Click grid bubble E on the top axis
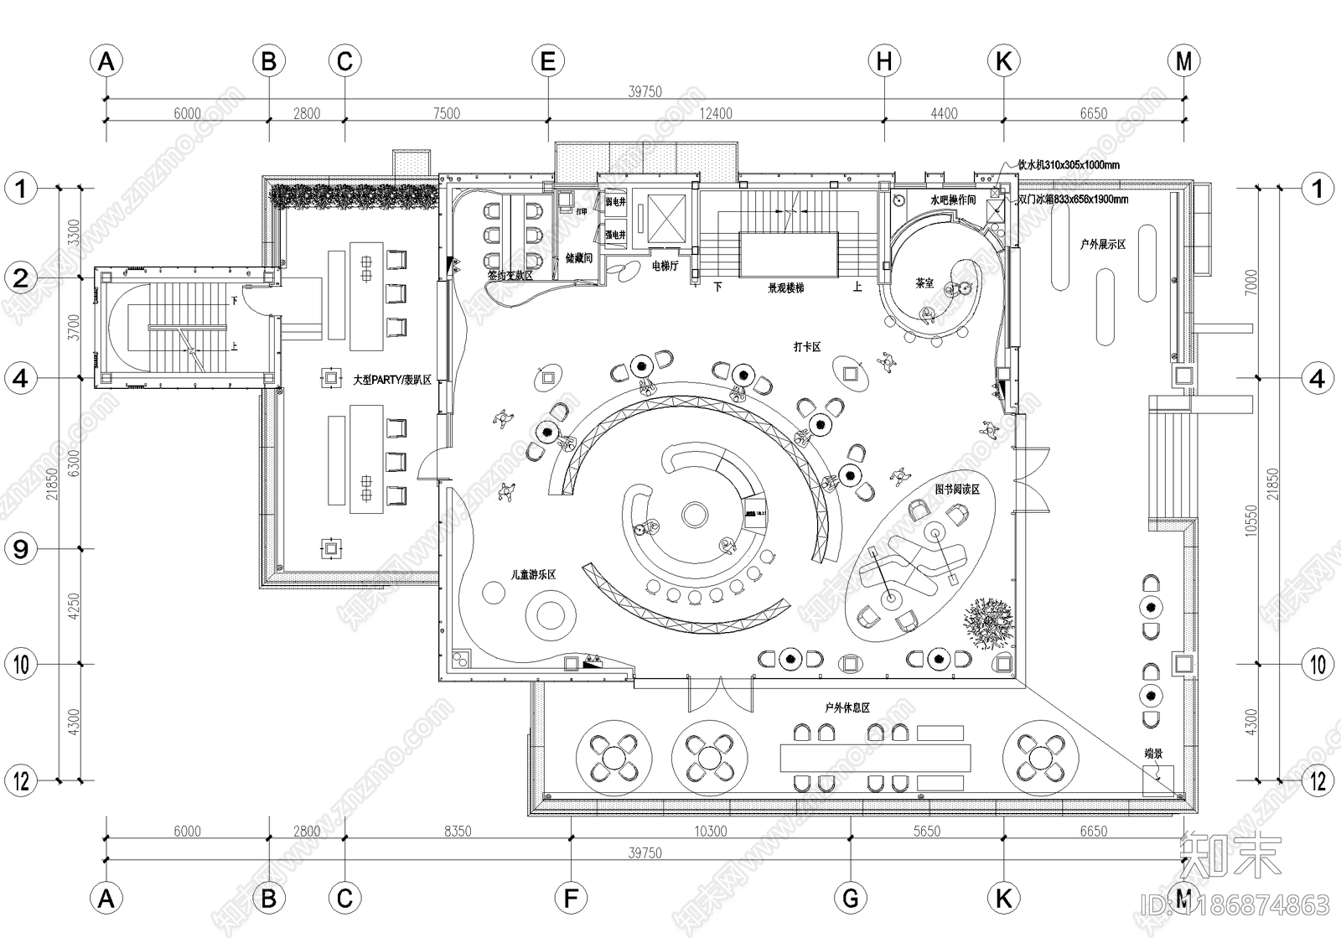pyautogui.click(x=547, y=61)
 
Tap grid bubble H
pyautogui.click(x=884, y=61)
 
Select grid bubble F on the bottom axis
pyautogui.click(x=571, y=899)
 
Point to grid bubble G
pyautogui.click(x=851, y=899)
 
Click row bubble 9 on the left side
pyautogui.click(x=21, y=549)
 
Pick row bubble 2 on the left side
pyautogui.click(x=21, y=278)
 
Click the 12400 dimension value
pyautogui.click(x=716, y=114)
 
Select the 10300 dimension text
pyautogui.click(x=711, y=832)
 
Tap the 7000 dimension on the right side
pyautogui.click(x=1251, y=281)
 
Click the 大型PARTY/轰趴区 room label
pyautogui.click(x=391, y=380)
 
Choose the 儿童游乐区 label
pyautogui.click(x=534, y=575)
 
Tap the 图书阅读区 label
pyautogui.click(x=957, y=489)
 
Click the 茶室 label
pyautogui.click(x=924, y=283)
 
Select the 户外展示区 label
pyautogui.click(x=1102, y=244)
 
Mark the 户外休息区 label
pyautogui.click(x=847, y=708)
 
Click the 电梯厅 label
pyautogui.click(x=665, y=266)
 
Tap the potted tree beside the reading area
pyautogui.click(x=989, y=622)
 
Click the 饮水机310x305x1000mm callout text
pyautogui.click(x=1069, y=166)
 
